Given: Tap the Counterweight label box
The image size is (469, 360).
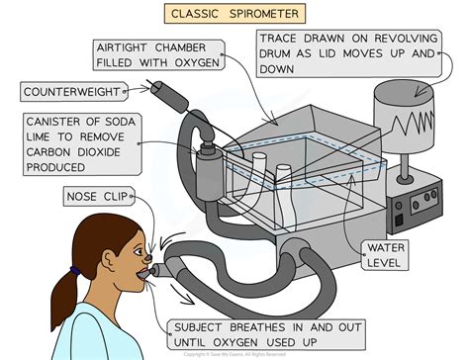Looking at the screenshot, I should pyautogui.click(x=71, y=92).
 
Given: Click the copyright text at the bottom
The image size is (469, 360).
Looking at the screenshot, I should pyautogui.click(x=234, y=353).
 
